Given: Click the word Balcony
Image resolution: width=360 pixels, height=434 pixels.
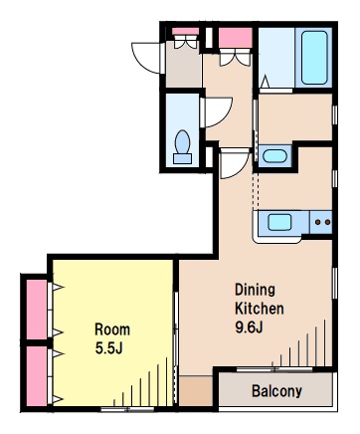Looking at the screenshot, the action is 276,391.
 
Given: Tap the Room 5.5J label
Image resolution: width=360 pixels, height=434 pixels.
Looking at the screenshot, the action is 112,338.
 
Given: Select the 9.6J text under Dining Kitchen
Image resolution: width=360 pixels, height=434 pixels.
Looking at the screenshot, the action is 249,327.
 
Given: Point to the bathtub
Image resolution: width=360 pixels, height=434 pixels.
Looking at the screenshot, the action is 314,58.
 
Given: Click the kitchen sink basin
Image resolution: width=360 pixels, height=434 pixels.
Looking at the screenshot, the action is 279,222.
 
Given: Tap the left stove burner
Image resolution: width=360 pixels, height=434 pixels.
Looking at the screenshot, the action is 318,222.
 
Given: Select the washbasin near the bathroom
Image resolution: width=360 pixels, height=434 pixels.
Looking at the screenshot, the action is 274,156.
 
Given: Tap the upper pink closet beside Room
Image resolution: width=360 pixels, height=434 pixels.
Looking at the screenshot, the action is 37,310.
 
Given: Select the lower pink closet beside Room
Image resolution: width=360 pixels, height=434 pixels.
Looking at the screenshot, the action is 37,376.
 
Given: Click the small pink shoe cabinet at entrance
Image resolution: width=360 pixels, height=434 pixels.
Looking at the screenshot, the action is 185,31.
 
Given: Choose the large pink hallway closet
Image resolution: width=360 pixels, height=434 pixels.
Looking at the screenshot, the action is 236,38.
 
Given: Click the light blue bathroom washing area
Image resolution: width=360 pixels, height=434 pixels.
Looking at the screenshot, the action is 276,58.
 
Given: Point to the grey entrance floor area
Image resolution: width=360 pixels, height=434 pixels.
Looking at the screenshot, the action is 184,64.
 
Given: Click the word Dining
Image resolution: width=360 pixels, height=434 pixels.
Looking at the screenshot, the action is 255,290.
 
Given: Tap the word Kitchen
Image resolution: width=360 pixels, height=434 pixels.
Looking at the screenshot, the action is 260,309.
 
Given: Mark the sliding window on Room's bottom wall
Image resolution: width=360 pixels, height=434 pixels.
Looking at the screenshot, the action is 127,409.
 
